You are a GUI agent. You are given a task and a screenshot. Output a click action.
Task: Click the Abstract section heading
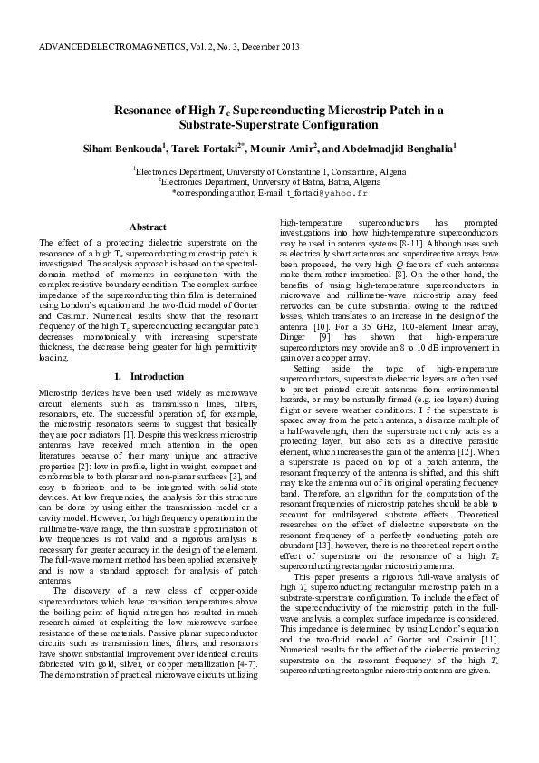[x=147, y=227]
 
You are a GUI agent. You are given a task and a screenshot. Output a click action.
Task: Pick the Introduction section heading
[x=156, y=375]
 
